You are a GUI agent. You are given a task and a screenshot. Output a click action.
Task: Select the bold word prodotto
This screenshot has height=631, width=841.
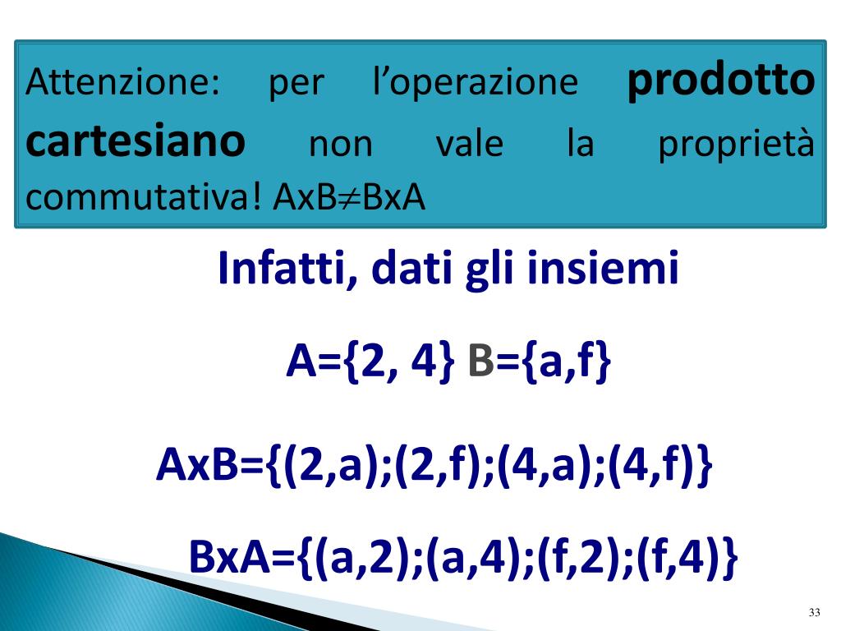(721, 81)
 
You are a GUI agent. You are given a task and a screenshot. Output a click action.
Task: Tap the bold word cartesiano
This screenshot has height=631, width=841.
(136, 143)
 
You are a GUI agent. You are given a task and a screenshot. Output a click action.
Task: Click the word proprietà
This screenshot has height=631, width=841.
(736, 145)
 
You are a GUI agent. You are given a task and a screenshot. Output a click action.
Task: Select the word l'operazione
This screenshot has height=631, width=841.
(475, 82)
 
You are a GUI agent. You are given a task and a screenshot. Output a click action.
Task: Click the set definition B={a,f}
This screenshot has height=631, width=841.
(540, 362)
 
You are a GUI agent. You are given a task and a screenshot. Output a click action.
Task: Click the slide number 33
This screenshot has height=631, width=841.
(815, 612)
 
